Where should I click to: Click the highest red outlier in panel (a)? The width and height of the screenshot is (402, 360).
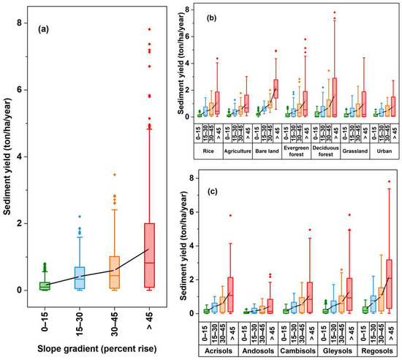click(169, 29)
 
